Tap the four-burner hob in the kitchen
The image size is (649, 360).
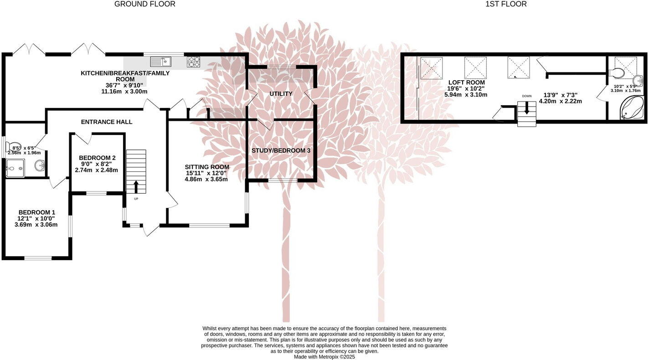(193, 62)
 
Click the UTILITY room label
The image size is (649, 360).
(281, 94)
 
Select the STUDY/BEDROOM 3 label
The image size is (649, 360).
(281, 150)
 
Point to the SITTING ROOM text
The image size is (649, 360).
(206, 167)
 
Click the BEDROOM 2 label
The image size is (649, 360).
(97, 158)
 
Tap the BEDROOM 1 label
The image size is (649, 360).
(36, 212)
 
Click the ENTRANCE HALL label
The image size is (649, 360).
(107, 122)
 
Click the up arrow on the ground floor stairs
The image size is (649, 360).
(136, 186)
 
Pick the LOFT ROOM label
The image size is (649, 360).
(466, 82)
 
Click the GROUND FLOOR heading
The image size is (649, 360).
(144, 4)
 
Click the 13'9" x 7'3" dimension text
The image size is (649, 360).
(560, 95)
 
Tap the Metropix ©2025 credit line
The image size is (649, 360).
(324, 357)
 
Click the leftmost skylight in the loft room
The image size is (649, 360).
(431, 67)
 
